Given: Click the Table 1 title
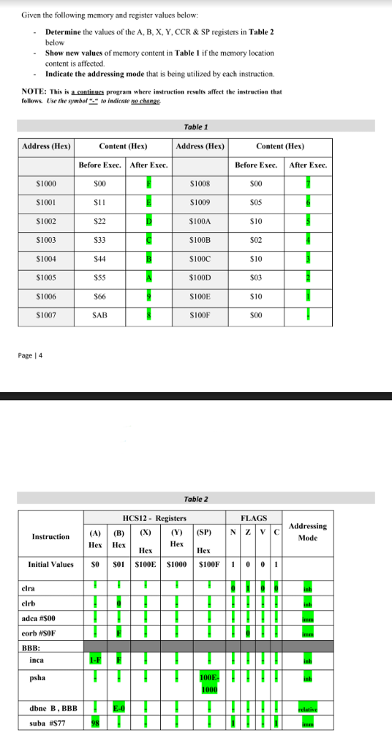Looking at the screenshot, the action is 195,127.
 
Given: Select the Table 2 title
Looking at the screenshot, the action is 196,499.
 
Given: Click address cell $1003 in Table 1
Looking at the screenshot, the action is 47,240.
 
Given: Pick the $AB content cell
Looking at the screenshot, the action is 101,315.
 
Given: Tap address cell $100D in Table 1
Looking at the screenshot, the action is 200,278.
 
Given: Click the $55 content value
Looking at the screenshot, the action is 101,278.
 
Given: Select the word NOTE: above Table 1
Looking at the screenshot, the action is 34,91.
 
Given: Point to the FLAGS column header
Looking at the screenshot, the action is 255,518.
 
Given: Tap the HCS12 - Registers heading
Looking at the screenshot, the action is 153,518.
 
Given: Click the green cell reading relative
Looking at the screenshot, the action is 308,708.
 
